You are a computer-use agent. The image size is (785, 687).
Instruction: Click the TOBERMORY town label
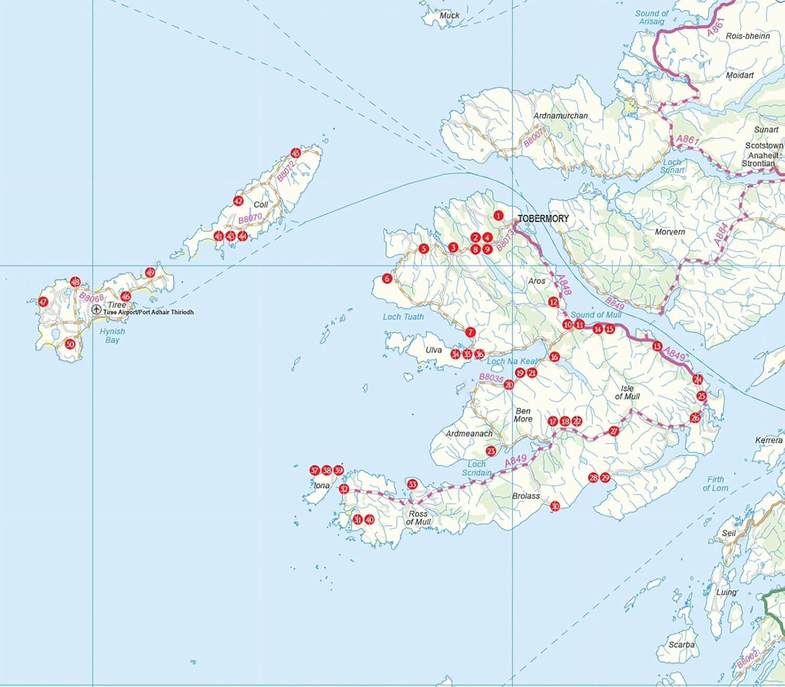point(543,219)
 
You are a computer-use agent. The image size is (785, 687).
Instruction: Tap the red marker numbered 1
point(498,215)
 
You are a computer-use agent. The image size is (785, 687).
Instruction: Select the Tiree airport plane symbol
point(96,310)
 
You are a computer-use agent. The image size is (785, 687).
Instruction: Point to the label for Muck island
point(449,16)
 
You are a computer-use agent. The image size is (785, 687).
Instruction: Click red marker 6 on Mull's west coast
point(387,279)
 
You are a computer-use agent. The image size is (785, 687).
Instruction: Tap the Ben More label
point(523,415)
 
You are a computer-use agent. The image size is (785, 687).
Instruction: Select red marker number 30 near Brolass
point(555,506)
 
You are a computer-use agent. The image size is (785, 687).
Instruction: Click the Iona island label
point(321,486)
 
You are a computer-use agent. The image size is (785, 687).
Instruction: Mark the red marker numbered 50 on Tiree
point(70,344)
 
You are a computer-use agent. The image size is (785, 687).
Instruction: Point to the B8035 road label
point(491,378)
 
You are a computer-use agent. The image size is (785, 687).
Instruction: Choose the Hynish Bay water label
point(113,336)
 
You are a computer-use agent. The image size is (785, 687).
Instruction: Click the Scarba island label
point(681,645)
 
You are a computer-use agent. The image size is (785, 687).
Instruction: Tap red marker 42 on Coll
point(238,201)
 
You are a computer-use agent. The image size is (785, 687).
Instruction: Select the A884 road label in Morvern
point(721,234)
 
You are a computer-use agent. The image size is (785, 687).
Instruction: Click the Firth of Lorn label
point(715,484)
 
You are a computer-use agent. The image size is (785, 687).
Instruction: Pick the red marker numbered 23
point(491,451)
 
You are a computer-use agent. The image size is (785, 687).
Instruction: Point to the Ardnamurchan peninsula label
point(560,116)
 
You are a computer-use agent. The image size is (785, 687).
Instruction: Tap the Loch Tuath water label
point(403,317)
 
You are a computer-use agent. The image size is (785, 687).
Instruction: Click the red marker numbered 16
point(554,357)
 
